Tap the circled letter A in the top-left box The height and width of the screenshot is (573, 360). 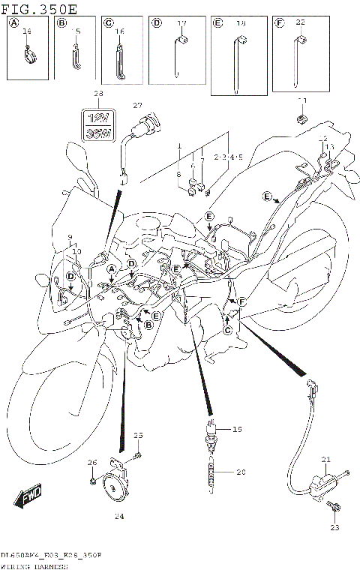[13, 24]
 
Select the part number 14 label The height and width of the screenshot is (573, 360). [27, 31]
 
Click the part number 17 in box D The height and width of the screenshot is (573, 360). [181, 24]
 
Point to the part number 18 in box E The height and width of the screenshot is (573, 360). [241, 25]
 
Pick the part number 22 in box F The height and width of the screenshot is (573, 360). [301, 24]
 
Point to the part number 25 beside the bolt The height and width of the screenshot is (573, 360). [137, 436]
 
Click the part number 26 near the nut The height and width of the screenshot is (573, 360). [91, 462]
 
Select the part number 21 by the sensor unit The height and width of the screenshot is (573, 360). [325, 460]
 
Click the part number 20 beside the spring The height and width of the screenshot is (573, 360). [241, 472]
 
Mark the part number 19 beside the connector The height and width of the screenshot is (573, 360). [238, 430]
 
